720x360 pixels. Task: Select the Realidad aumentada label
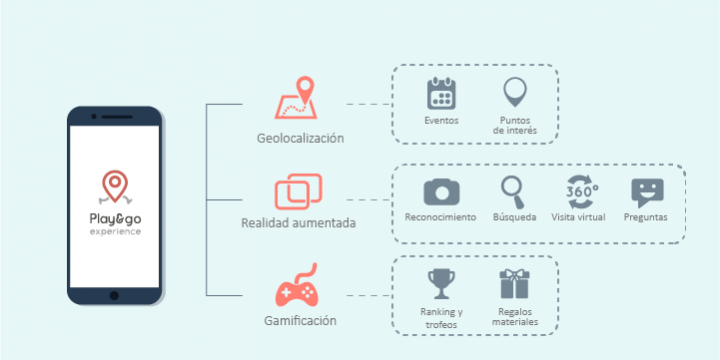point(298,222)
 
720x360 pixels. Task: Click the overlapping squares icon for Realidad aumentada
point(299,189)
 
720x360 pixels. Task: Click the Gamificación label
point(301,321)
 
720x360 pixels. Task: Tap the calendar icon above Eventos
point(441,94)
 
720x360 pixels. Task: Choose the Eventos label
point(441,121)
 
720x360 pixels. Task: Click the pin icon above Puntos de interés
point(515,93)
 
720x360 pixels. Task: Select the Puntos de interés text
point(515,125)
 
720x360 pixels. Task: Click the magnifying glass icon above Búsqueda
point(514,190)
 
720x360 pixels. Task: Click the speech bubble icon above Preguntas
point(647,191)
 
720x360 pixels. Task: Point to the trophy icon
point(440,283)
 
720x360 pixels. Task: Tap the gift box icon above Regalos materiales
point(514,283)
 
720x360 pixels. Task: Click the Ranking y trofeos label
point(440,316)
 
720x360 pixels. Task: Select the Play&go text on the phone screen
point(114,218)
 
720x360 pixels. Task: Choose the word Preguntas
point(647,217)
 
